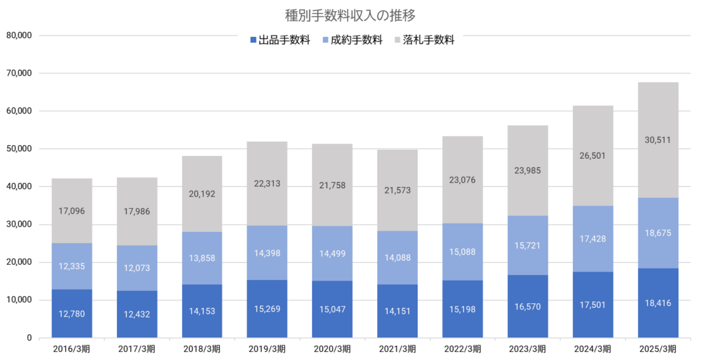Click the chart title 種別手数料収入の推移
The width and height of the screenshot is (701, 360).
click(350, 14)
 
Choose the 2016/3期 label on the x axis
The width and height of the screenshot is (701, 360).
click(72, 349)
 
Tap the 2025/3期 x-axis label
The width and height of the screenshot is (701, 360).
click(658, 349)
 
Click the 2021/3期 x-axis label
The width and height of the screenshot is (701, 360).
click(397, 349)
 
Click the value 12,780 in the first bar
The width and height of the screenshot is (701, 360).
click(72, 313)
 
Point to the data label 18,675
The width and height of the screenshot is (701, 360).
click(658, 233)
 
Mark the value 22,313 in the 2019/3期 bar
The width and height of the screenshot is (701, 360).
click(267, 183)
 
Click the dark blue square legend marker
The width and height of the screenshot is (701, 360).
click(254, 40)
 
